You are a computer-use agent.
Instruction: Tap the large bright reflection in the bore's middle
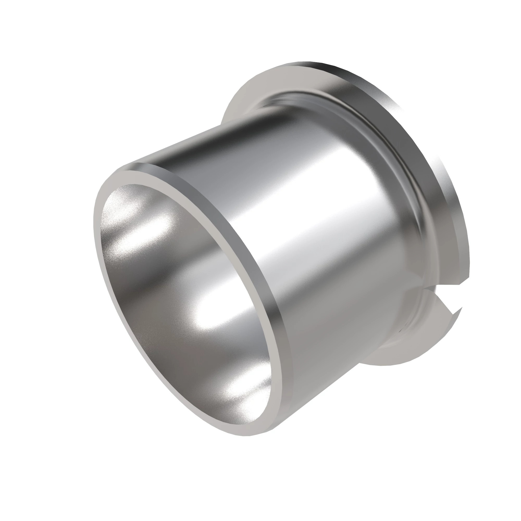click(x=216, y=318)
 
